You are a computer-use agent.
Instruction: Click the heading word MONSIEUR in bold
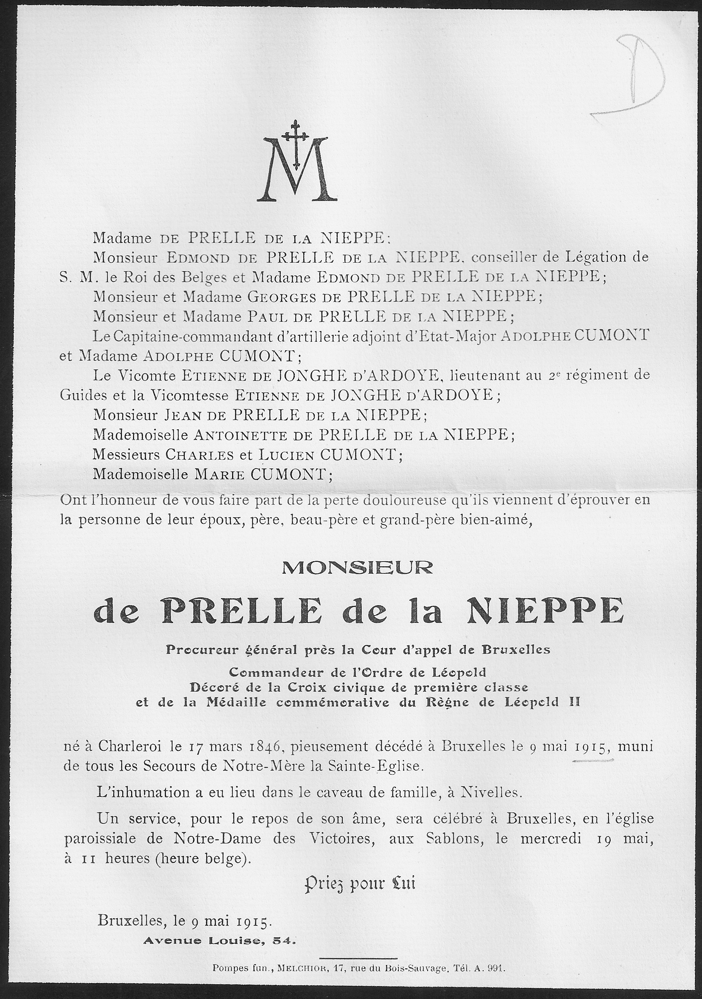(357, 566)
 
